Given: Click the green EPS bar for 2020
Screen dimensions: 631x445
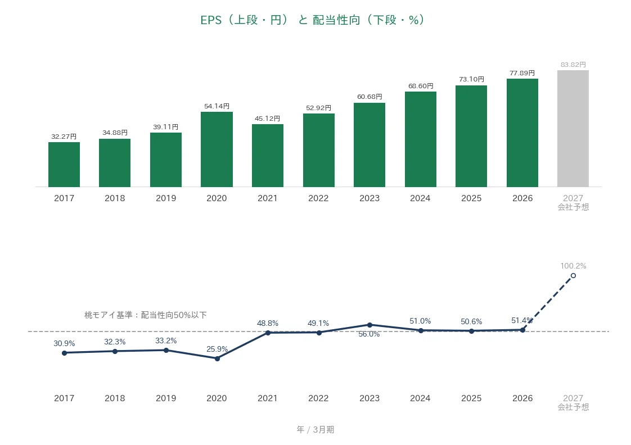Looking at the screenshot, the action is coord(217,149).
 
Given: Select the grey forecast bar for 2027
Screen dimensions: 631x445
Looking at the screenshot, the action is coord(573,129).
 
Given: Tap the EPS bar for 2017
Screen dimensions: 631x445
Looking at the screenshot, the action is coord(64,165).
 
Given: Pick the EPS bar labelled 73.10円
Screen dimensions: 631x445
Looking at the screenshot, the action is coord(471,137).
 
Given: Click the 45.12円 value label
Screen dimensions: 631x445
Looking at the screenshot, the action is coord(267,119).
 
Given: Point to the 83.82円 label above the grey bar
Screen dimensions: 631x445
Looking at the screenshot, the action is coord(573,64).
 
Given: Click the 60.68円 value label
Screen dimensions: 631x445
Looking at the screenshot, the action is coord(369,97).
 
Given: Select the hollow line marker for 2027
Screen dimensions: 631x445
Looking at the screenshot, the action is coord(573,275).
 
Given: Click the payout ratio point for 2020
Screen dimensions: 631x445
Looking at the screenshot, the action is coord(217,358).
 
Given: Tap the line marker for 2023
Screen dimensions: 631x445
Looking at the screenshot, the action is coord(370,325).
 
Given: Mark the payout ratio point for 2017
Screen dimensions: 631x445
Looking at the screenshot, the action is coord(64,353).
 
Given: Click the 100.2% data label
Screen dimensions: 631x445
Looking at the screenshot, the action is coord(573,266).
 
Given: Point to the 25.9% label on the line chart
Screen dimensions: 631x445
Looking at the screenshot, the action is coord(217,349).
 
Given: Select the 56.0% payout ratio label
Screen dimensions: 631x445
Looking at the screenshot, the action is coord(369,334).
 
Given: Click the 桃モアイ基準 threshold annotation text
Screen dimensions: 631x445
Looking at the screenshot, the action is coord(145,315).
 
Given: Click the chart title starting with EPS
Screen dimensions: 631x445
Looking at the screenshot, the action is coord(312,20).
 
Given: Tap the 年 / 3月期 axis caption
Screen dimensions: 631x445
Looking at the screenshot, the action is coord(315,429).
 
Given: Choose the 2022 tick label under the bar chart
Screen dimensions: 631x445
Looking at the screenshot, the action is coord(318,198).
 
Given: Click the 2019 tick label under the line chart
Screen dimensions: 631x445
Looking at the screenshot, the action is coord(166,398).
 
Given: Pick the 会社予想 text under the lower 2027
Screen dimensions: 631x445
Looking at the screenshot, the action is coord(573,407).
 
